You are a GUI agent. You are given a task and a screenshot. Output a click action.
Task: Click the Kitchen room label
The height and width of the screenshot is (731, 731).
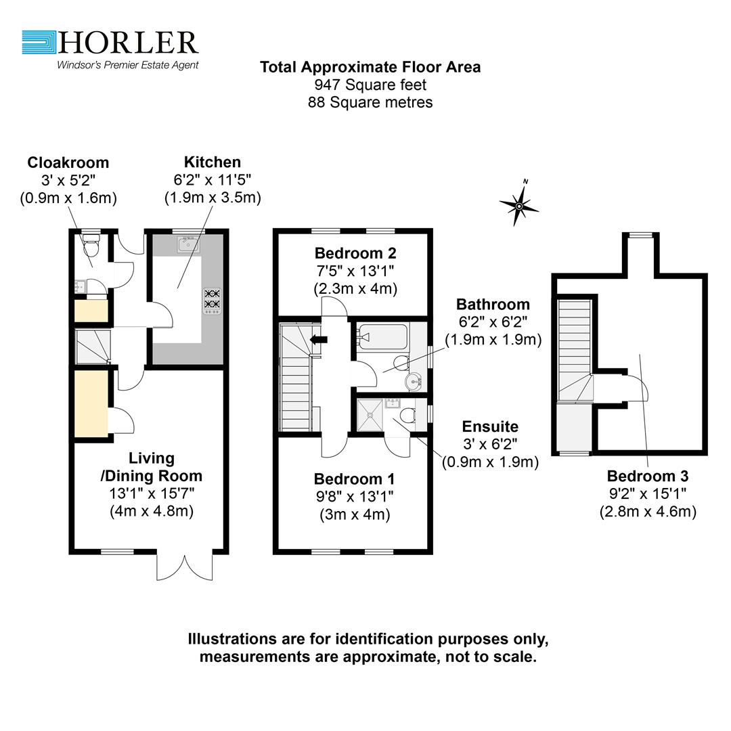click(x=212, y=162)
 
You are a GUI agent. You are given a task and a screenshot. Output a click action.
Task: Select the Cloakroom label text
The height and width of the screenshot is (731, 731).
click(x=68, y=163)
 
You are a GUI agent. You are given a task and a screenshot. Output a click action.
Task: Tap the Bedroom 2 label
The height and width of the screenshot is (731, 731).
click(x=355, y=254)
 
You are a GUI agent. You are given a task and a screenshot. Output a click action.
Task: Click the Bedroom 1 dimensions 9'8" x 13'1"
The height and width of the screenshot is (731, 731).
click(x=355, y=496)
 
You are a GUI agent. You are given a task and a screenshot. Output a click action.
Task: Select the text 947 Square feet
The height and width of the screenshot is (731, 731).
click(x=370, y=85)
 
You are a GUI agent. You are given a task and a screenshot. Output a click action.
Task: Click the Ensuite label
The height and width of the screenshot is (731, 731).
click(x=490, y=426)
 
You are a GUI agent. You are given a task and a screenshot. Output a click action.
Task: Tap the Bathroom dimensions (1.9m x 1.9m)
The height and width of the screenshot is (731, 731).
click(x=493, y=340)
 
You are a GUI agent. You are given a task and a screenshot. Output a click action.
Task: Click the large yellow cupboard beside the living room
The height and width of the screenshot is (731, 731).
click(x=91, y=404)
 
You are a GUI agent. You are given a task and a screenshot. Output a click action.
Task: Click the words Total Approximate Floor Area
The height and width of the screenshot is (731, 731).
click(x=370, y=67)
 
